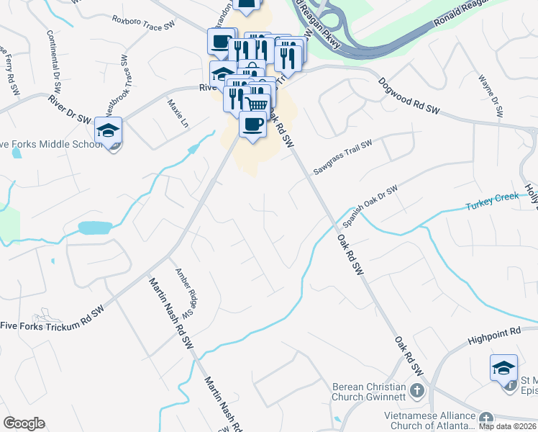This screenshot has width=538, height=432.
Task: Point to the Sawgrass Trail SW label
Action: click(x=342, y=158)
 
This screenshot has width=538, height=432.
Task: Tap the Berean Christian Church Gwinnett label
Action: click(x=368, y=392)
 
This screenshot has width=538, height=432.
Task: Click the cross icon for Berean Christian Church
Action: click(x=416, y=392)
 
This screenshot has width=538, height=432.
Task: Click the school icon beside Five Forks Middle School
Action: click(x=108, y=131)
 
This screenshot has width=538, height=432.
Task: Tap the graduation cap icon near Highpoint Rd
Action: click(x=503, y=368)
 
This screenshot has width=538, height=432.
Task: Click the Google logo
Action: click(x=24, y=423)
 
